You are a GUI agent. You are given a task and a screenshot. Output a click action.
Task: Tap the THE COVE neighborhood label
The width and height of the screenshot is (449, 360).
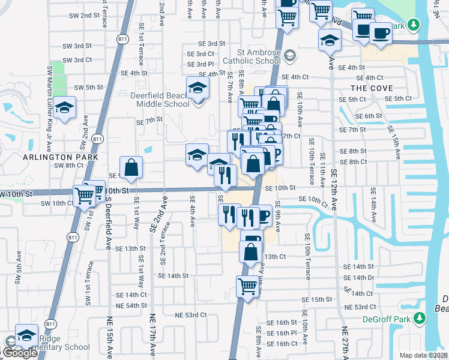pos(367,88)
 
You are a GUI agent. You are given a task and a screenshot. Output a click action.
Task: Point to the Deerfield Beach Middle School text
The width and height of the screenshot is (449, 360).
pos(160,98)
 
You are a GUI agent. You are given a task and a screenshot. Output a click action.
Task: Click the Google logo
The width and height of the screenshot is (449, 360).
pos(19,353)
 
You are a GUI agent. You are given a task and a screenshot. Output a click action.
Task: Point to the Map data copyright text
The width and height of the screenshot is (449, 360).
pos(424,355)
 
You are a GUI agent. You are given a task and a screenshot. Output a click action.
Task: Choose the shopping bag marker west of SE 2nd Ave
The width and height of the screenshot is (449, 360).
pos(131,167)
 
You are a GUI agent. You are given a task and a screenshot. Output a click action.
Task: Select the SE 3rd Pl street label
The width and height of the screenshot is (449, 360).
pos(200,64)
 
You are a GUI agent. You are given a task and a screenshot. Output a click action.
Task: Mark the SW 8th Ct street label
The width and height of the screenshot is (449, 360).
pos(68,165)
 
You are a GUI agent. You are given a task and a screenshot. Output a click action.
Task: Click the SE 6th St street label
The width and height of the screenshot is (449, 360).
pos(369,116)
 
